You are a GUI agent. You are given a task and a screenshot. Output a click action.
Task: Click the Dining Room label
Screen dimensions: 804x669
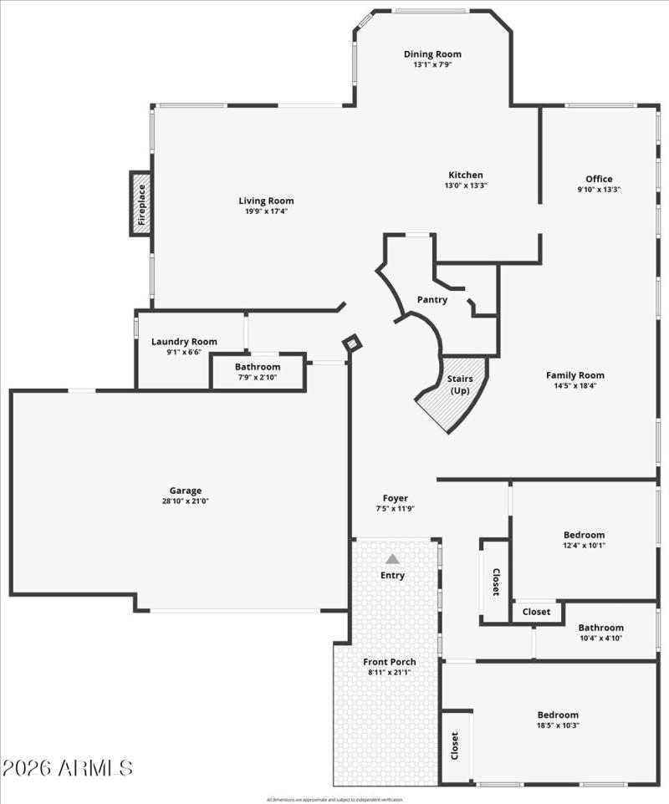tap(432, 54)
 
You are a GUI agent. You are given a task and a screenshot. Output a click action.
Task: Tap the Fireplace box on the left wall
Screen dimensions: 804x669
tap(140, 204)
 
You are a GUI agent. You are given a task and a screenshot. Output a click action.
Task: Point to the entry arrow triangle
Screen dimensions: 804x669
tap(392, 558)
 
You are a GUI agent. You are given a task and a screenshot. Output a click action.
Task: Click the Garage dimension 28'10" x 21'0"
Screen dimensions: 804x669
tap(185, 501)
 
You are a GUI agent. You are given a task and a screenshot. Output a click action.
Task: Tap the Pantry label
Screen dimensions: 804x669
tap(432, 299)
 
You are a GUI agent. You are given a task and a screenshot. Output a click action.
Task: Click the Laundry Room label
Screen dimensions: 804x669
tap(184, 341)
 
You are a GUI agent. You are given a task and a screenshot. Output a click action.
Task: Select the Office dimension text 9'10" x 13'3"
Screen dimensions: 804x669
tap(599, 190)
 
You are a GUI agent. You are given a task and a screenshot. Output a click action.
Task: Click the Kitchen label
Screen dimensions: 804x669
tap(465, 175)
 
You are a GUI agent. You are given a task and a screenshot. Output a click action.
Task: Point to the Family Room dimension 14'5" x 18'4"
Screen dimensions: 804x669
tap(575, 386)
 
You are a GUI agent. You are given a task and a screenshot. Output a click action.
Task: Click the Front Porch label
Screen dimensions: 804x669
tap(390, 662)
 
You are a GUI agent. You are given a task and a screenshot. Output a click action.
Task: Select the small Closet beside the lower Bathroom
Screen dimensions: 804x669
tap(536, 612)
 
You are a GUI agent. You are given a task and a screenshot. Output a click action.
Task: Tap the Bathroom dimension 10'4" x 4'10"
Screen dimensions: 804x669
tap(600, 639)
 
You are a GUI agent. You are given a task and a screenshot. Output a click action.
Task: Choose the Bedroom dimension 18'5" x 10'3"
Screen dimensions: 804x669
tap(558, 725)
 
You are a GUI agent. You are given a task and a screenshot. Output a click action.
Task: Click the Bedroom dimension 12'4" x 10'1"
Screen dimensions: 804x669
tap(584, 546)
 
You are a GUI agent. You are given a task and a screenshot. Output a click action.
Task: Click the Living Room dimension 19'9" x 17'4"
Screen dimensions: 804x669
tap(266, 211)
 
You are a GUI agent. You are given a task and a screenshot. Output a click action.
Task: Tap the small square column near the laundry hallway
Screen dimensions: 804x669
tap(352, 343)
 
